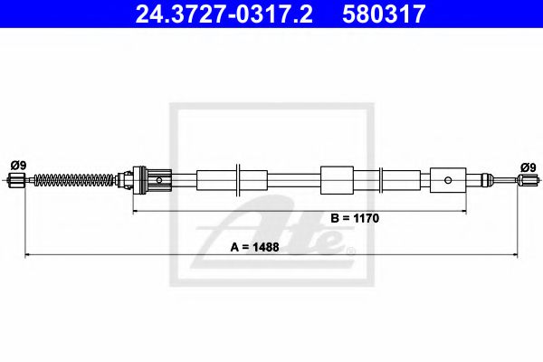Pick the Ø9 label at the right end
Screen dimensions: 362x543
pyautogui.click(x=528, y=167)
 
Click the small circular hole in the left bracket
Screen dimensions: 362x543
pyautogui.click(x=160, y=179)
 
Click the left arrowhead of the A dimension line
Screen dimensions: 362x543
pyautogui.click(x=27, y=255)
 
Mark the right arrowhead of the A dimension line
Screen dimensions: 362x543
pyautogui.click(x=519, y=255)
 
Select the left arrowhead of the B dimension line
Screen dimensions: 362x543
pyautogui.click(x=138, y=211)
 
